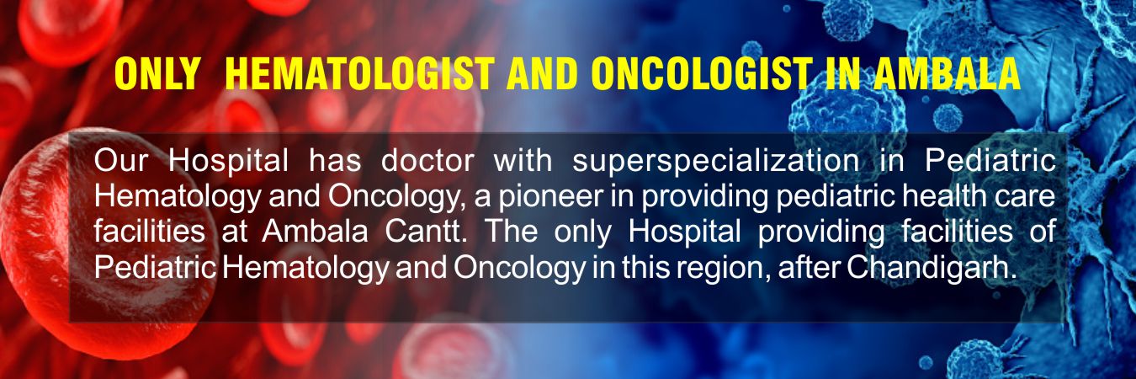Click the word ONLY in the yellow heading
[x=157, y=74]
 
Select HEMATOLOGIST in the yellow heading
[x=359, y=74]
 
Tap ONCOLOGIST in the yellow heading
[x=702, y=74]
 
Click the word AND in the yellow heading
[x=543, y=74]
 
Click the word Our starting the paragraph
[x=120, y=162]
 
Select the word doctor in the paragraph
[x=427, y=161]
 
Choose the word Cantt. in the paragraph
[x=426, y=232]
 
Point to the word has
[x=335, y=161]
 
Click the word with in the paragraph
[x=523, y=161]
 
